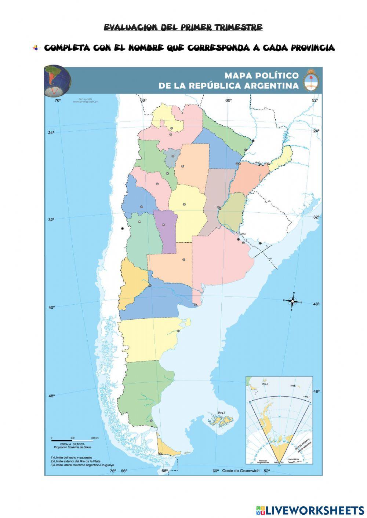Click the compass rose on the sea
[x=293, y=301]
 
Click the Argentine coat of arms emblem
[x=311, y=80]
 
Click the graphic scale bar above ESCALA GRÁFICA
[x=72, y=440]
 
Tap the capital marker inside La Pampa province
[x=184, y=260]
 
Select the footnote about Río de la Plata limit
[x=76, y=461]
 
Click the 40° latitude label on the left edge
[x=51, y=308]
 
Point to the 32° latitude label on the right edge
[x=316, y=217]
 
